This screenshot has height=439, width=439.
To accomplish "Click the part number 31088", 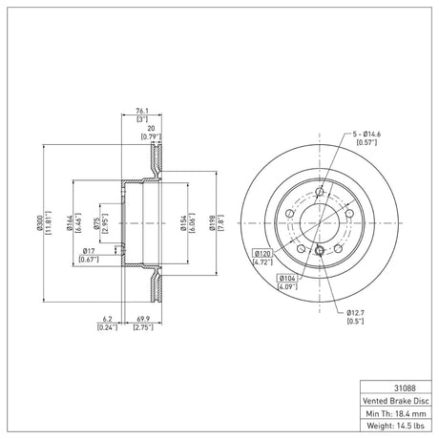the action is [x=405, y=388].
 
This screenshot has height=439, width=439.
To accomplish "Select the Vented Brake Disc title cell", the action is [x=396, y=401].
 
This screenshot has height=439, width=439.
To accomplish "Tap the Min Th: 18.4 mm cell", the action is [x=396, y=413].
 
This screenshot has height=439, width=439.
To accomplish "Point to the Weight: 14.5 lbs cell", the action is [x=396, y=426].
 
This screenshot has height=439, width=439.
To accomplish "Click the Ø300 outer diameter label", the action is [x=39, y=222].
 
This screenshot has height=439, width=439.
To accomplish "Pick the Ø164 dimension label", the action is [x=70, y=222].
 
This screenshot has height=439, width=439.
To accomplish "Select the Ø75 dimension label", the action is [x=96, y=223].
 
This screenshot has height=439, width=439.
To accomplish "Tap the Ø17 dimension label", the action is [x=89, y=251].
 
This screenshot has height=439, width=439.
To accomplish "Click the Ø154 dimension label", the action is [x=183, y=223].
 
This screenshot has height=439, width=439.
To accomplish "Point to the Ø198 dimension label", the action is [x=212, y=223].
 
